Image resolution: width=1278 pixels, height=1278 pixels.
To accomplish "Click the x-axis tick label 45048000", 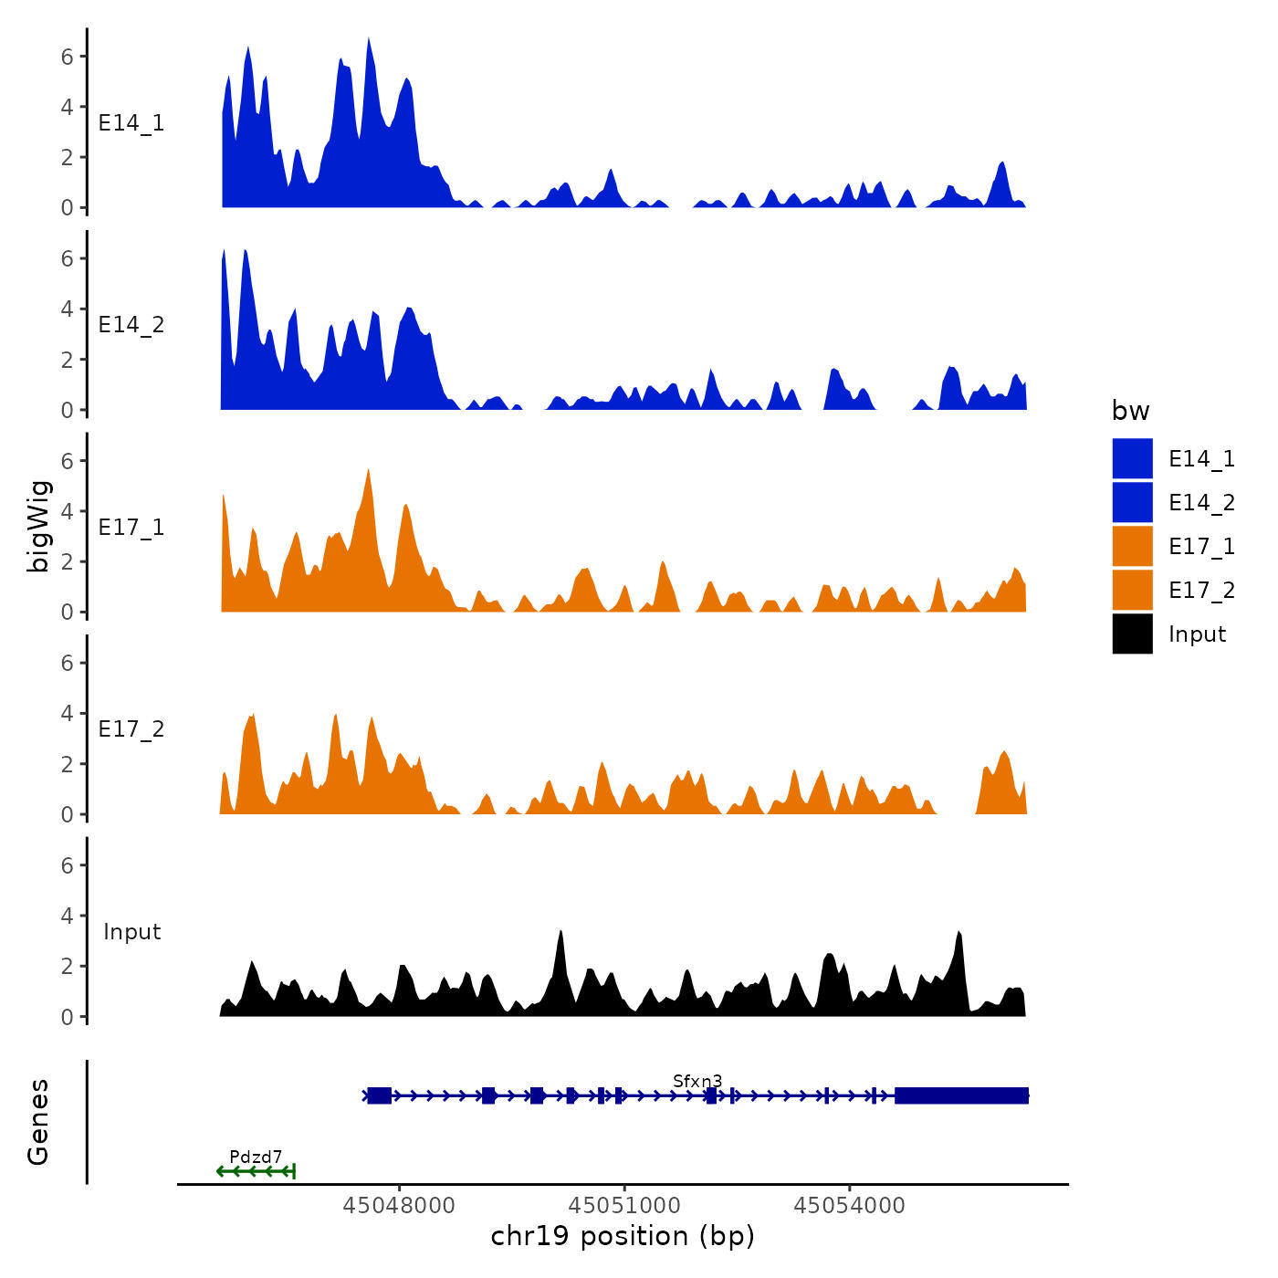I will [399, 1206].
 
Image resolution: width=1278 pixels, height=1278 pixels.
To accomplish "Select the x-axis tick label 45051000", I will [625, 1206].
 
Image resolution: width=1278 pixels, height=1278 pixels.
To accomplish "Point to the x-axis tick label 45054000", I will [850, 1206].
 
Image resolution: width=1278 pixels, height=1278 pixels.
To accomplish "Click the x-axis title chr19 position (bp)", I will [623, 1237].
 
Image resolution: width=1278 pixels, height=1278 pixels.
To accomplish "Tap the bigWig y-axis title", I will [38, 527].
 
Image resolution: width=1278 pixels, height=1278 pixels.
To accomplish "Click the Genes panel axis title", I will [38, 1122].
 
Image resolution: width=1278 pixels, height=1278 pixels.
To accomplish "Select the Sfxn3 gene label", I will [697, 1082].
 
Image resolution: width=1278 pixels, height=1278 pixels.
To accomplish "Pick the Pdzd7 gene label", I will [256, 1158].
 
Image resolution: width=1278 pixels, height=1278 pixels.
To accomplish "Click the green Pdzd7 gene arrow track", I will [257, 1171].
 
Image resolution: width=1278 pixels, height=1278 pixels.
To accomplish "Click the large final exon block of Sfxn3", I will [961, 1095].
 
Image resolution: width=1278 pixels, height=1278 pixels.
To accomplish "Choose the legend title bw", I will [1130, 412].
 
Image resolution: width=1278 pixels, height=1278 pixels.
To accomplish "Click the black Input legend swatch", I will [1132, 634].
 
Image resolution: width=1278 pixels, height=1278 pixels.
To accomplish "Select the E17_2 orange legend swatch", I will [1132, 590].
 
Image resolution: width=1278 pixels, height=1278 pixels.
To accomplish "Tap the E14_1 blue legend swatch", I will [1132, 458].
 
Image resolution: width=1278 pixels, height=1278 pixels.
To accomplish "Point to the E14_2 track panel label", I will [131, 325].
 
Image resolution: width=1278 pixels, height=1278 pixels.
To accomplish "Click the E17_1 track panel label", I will [131, 528].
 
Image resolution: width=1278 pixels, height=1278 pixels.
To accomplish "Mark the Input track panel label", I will [131, 932].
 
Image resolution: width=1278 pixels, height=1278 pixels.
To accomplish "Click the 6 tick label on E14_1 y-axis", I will [68, 57].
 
